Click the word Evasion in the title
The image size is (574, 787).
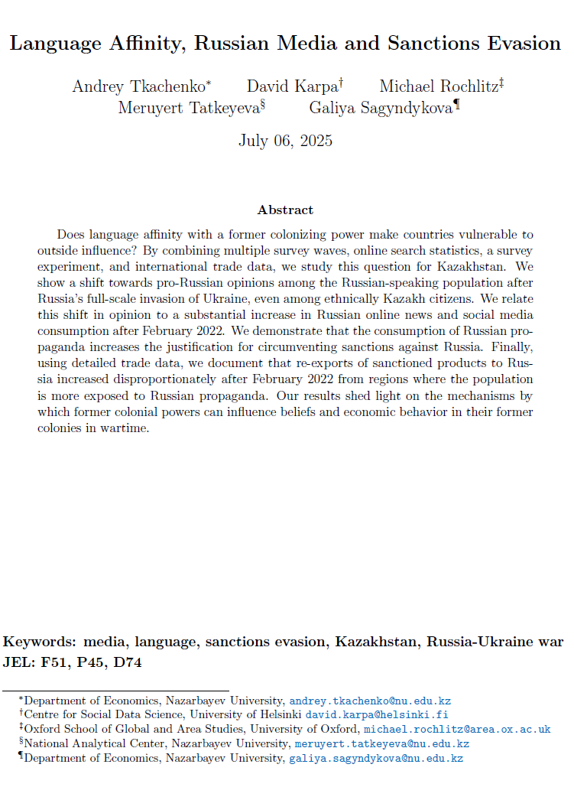[523, 43]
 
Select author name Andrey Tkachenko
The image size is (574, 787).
[138, 86]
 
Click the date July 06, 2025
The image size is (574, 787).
[285, 140]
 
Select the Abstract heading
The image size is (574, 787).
[285, 210]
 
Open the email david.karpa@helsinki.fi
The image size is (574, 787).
[378, 714]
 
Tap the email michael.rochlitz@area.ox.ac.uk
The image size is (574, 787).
[457, 729]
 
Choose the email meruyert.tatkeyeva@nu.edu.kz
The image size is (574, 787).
[382, 743]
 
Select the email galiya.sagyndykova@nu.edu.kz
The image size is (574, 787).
[375, 758]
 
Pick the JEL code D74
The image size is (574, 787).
[125, 662]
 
